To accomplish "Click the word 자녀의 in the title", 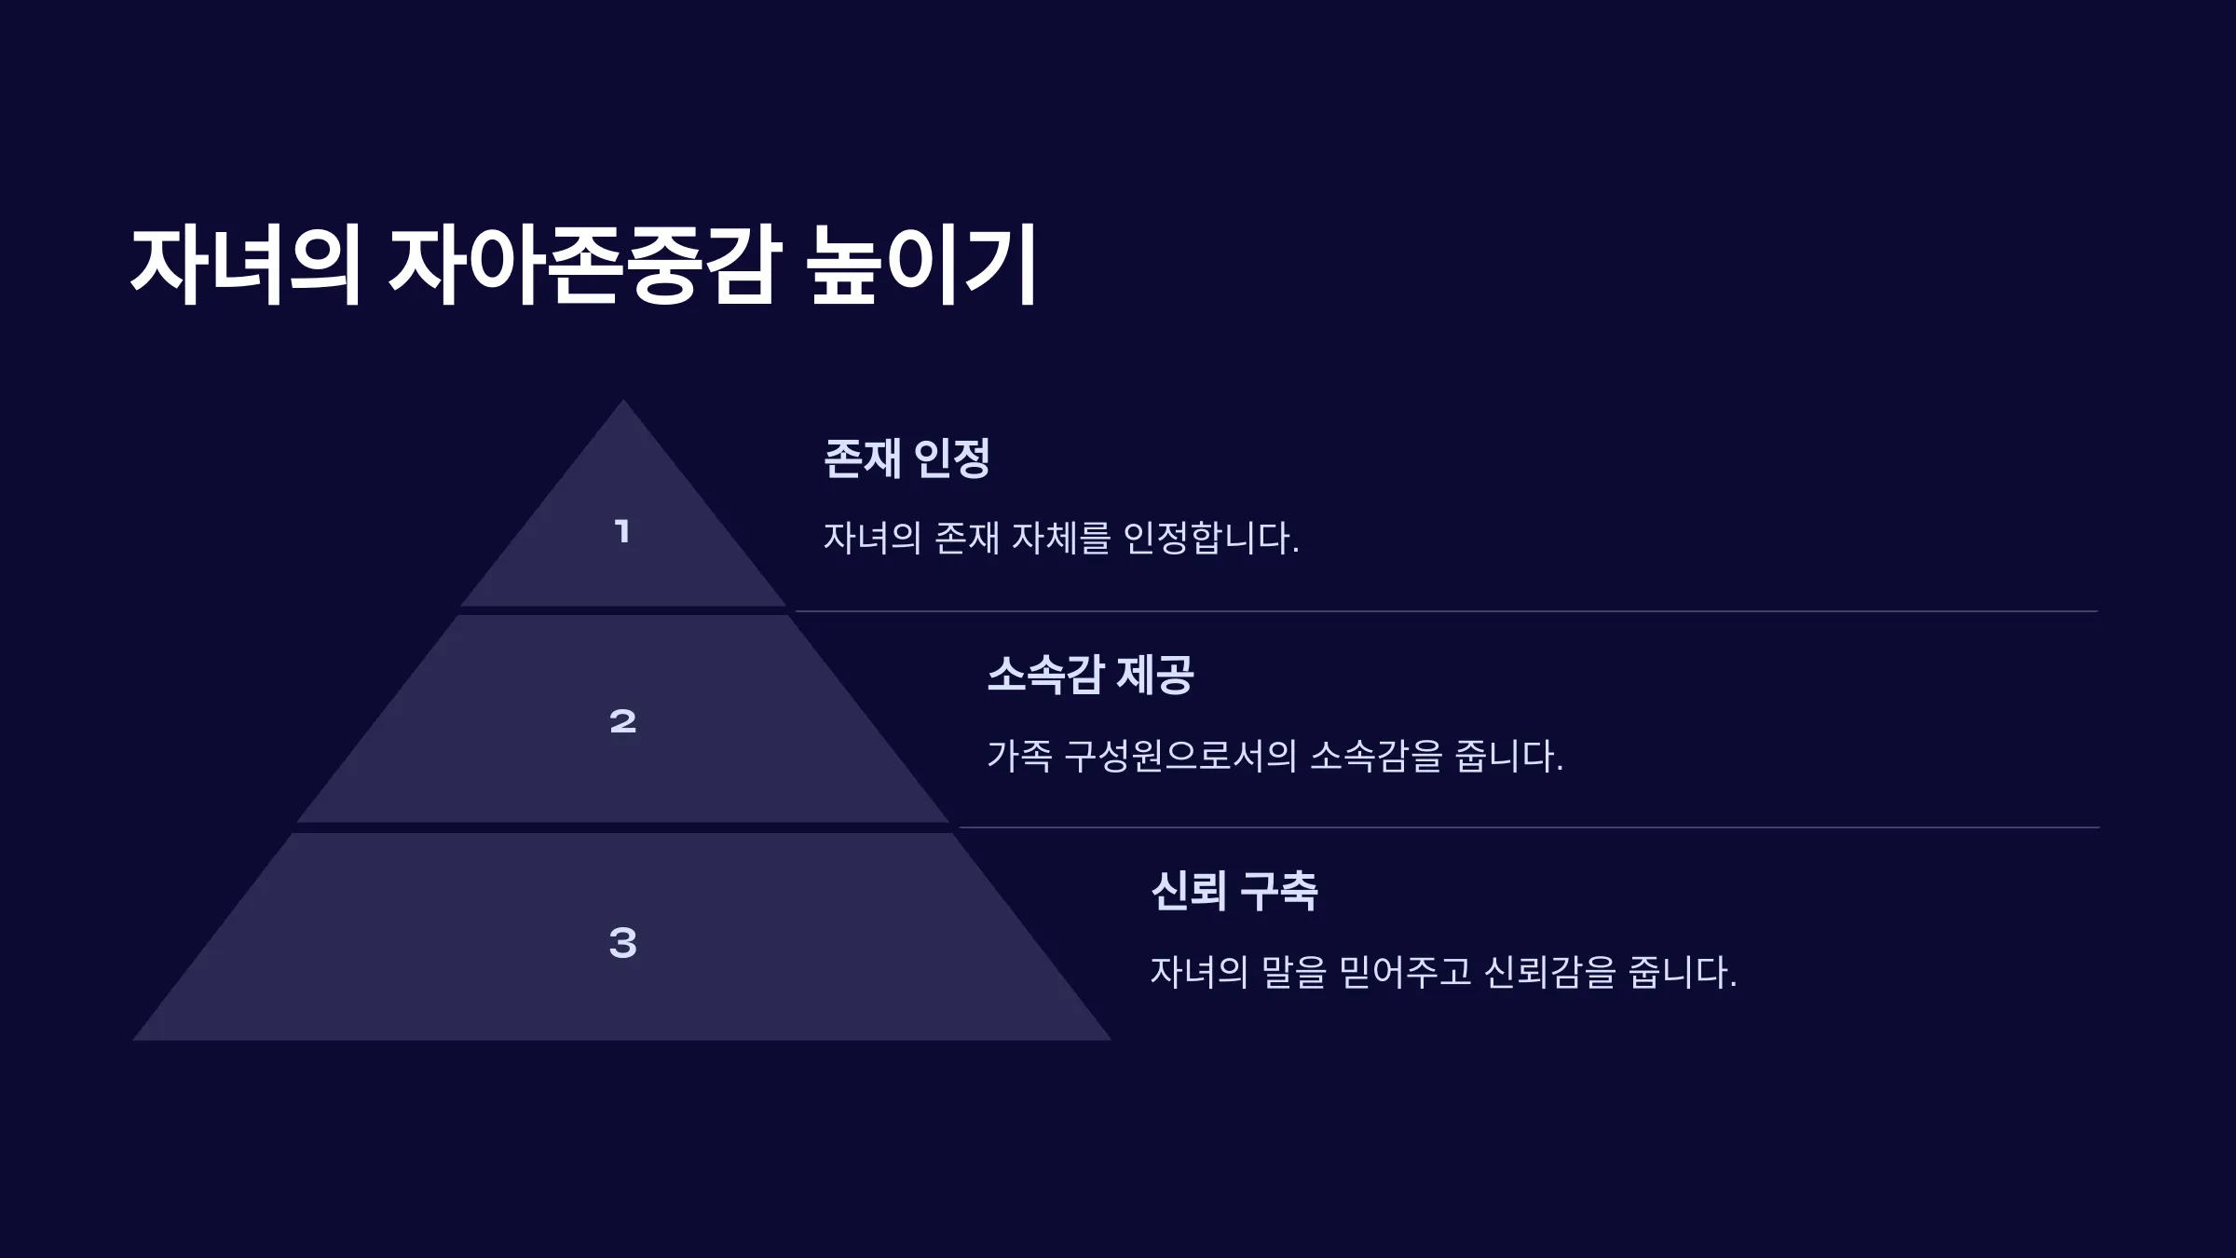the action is pyautogui.click(x=246, y=265).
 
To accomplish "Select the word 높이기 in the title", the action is pyautogui.click(x=921, y=265).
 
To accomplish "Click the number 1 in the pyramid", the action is pyautogui.click(x=622, y=532).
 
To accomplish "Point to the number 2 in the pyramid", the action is pyautogui.click(x=622, y=721).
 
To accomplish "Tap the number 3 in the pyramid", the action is pyautogui.click(x=622, y=943).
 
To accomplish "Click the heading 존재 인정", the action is pyautogui.click(x=907, y=458).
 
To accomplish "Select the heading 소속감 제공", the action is pyautogui.click(x=1090, y=675).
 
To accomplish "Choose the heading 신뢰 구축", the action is pyautogui.click(x=1234, y=892).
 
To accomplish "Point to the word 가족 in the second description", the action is pyautogui.click(x=1019, y=756).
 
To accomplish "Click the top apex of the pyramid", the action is pyautogui.click(x=623, y=401).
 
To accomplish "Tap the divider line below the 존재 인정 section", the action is pyautogui.click(x=1446, y=611).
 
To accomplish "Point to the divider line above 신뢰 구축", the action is pyautogui.click(x=1529, y=827).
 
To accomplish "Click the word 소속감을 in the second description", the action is pyautogui.click(x=1376, y=756).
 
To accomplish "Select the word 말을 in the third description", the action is pyautogui.click(x=1293, y=972).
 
